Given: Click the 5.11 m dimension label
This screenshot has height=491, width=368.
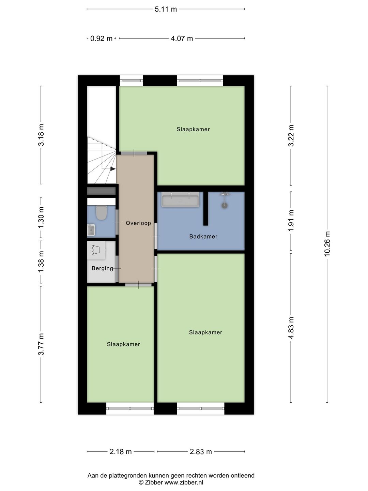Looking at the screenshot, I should pyautogui.click(x=166, y=9).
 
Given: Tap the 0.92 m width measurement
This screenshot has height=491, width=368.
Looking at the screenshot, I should pyautogui.click(x=101, y=39).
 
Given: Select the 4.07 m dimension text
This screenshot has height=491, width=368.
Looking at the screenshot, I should pyautogui.click(x=182, y=39).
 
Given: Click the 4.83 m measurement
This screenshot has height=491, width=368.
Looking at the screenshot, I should pyautogui.click(x=291, y=328).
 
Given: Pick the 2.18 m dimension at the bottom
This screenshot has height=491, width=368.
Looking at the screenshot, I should pyautogui.click(x=121, y=452).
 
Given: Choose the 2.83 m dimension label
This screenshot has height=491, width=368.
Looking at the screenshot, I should pyautogui.click(x=201, y=452).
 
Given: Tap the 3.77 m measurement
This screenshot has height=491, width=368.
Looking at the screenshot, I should pyautogui.click(x=41, y=344).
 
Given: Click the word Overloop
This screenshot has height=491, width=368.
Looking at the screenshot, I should pyautogui.click(x=138, y=223).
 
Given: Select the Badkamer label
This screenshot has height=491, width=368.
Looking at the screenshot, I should pyautogui.click(x=203, y=236).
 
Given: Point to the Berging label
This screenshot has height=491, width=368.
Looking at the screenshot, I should pyautogui.click(x=102, y=268).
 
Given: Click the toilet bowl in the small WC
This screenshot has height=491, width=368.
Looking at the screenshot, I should pyautogui.click(x=101, y=212).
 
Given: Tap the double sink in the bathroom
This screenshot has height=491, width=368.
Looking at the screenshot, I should pyautogui.click(x=180, y=199).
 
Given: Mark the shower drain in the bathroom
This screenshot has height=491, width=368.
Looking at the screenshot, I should pyautogui.click(x=225, y=206).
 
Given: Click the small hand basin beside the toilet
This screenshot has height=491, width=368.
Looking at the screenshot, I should pyautogui.click(x=91, y=230).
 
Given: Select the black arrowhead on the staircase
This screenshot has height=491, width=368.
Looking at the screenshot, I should pyautogui.click(x=113, y=168).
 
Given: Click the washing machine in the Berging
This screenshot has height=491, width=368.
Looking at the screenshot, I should pyautogui.click(x=96, y=250).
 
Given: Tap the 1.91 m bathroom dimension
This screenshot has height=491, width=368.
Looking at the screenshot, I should pyautogui.click(x=291, y=221).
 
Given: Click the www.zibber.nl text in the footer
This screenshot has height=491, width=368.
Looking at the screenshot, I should pyautogui.click(x=184, y=482).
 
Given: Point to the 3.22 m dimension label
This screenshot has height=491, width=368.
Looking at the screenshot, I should pyautogui.click(x=291, y=135).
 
